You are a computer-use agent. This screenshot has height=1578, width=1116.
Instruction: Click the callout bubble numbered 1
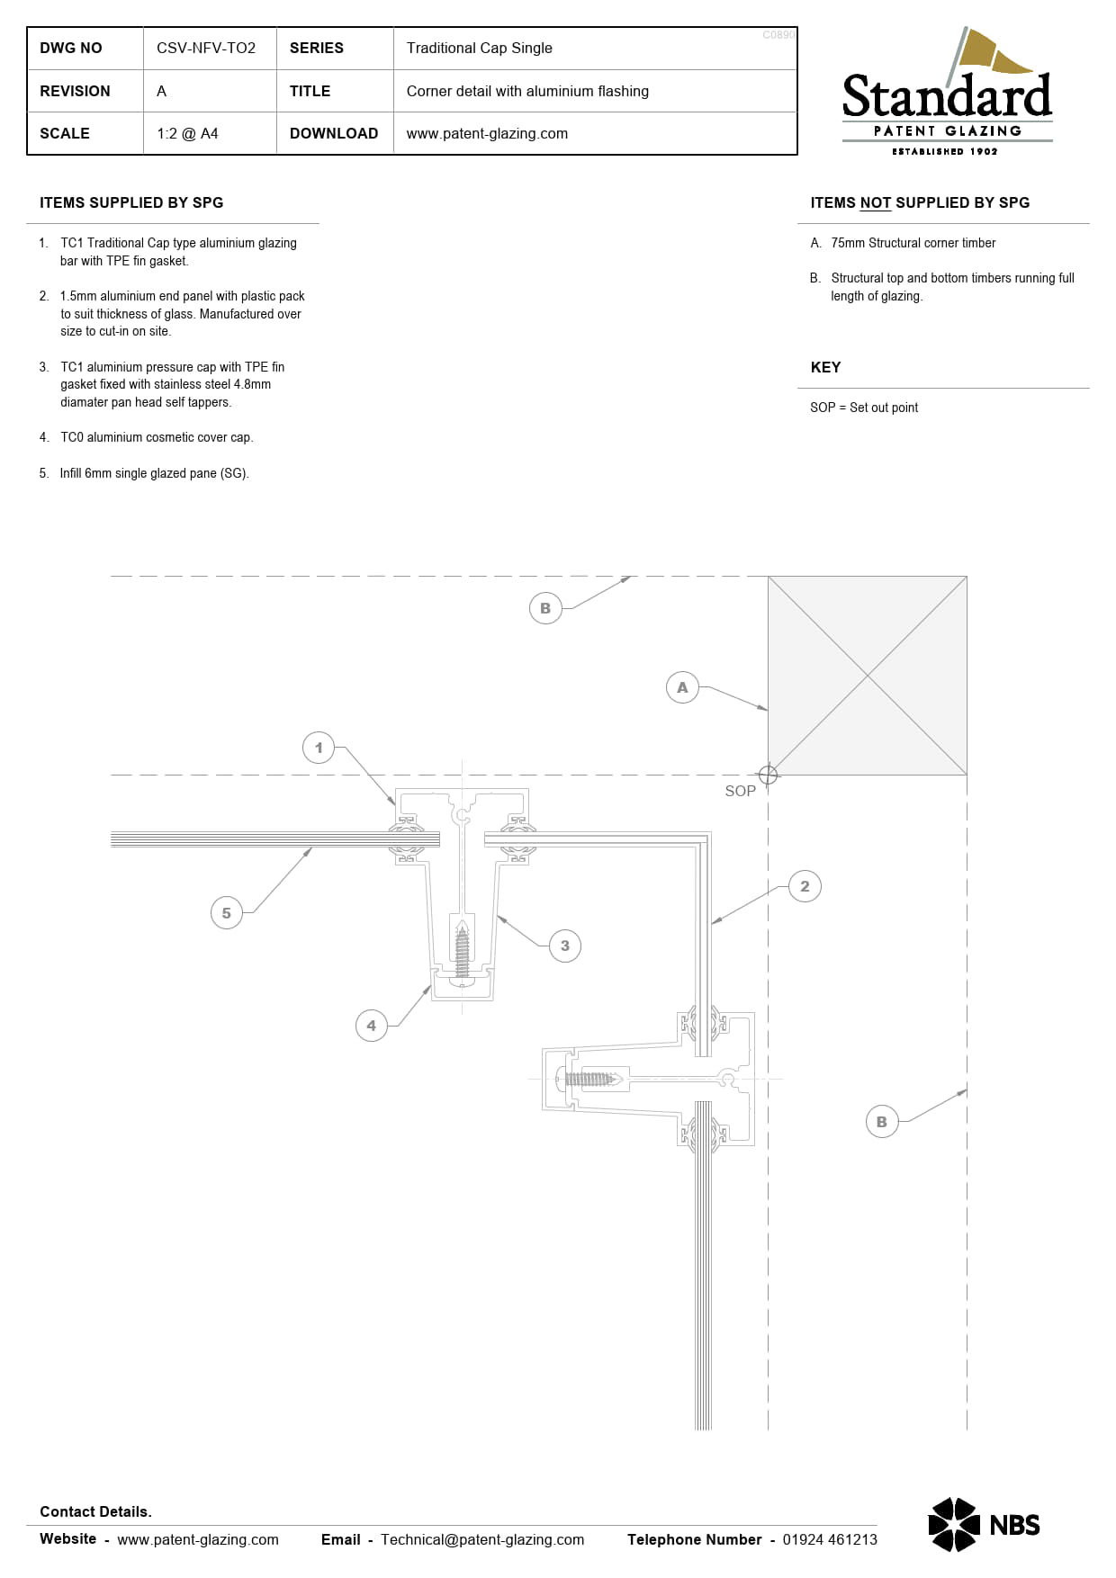pos(319,748)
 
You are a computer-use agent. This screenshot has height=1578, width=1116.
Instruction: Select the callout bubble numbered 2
pos(805,886)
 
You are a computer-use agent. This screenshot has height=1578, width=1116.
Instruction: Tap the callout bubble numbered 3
pos(565,946)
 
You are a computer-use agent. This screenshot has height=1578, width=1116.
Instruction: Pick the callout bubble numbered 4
pos(371,1026)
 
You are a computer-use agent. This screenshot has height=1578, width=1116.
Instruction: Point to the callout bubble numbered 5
pos(226,913)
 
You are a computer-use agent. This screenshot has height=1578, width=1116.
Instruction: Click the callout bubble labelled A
pos(682,687)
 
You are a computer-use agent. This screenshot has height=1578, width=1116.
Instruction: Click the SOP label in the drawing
pos(740,791)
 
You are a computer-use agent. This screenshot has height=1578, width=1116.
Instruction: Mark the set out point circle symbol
pos(768,775)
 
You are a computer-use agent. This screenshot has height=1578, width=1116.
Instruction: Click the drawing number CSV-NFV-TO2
pos(206,48)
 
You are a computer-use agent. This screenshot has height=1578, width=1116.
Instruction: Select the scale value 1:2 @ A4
pos(187,133)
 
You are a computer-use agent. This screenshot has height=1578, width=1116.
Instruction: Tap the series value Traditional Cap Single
pos(479,48)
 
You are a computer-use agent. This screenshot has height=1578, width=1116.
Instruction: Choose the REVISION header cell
pos(75,91)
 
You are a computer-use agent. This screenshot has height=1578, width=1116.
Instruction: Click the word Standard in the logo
pos(946,97)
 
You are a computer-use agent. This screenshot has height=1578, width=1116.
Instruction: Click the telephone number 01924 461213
pos(829,1539)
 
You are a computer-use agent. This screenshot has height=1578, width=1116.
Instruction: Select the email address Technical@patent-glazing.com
pos(481,1539)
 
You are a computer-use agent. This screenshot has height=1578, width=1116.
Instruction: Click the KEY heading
pos(825,367)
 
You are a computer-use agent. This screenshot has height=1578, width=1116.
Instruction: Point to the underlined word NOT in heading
pos(875,202)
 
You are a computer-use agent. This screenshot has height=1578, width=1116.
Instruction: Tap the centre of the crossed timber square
pos(868,675)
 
